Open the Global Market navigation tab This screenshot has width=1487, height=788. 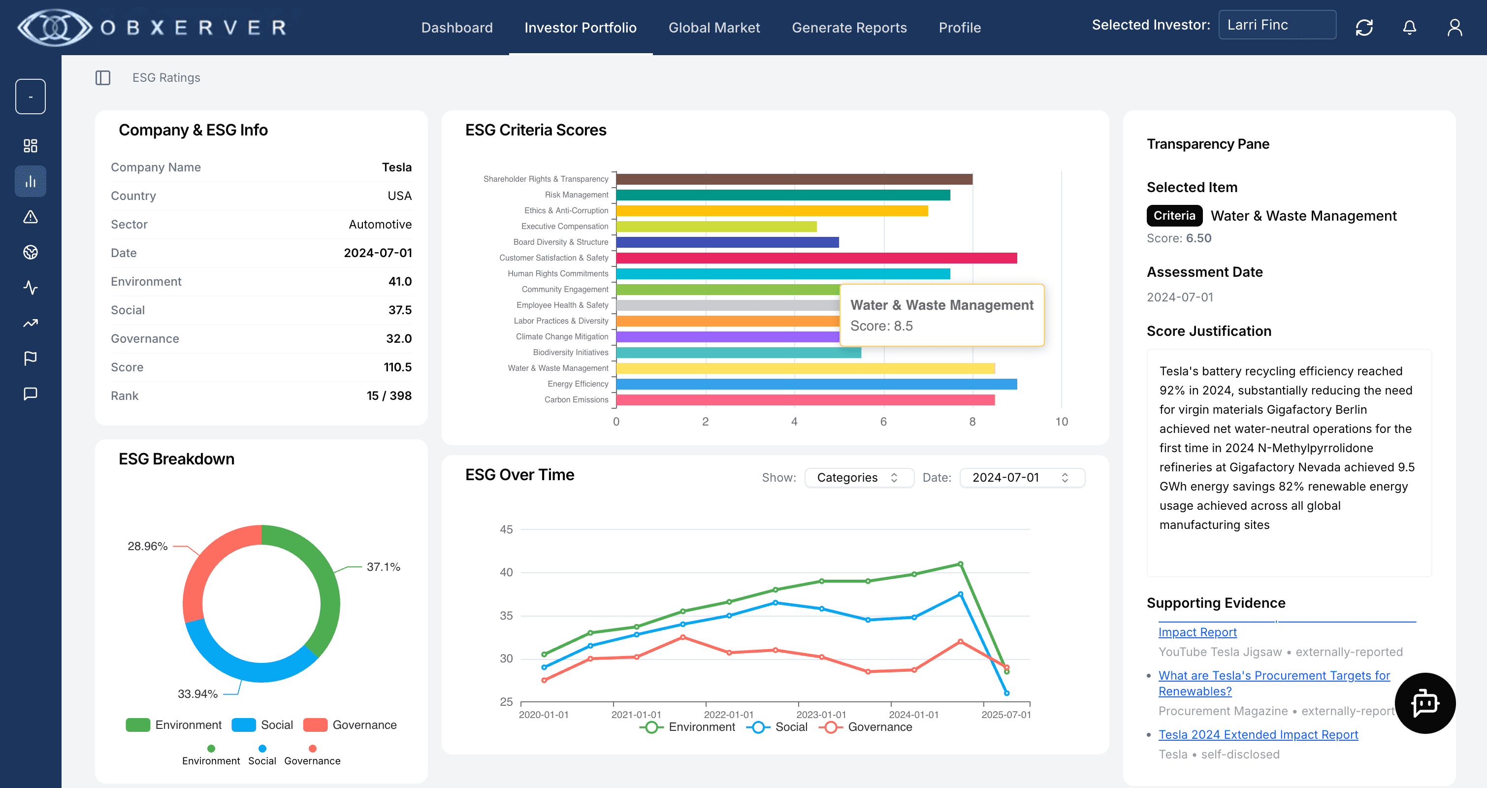(x=713, y=28)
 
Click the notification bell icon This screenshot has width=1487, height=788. (x=1409, y=27)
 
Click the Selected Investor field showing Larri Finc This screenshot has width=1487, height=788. (x=1276, y=25)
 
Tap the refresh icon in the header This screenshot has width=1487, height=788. (x=1363, y=27)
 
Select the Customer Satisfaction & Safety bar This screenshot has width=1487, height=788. (x=816, y=258)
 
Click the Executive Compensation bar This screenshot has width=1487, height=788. (x=716, y=226)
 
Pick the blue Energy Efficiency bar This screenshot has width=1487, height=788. (x=816, y=384)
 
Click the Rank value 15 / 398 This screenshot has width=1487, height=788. (x=388, y=395)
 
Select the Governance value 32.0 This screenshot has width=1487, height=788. (x=398, y=338)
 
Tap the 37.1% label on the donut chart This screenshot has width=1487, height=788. (x=383, y=566)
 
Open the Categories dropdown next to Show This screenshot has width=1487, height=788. (x=858, y=477)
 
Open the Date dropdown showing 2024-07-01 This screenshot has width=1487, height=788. (x=1021, y=477)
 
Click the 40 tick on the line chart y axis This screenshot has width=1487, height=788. (x=506, y=572)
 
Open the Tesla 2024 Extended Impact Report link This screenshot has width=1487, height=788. (x=1258, y=734)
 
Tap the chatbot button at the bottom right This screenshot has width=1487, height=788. (x=1424, y=703)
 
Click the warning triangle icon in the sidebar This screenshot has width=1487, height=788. (x=31, y=217)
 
